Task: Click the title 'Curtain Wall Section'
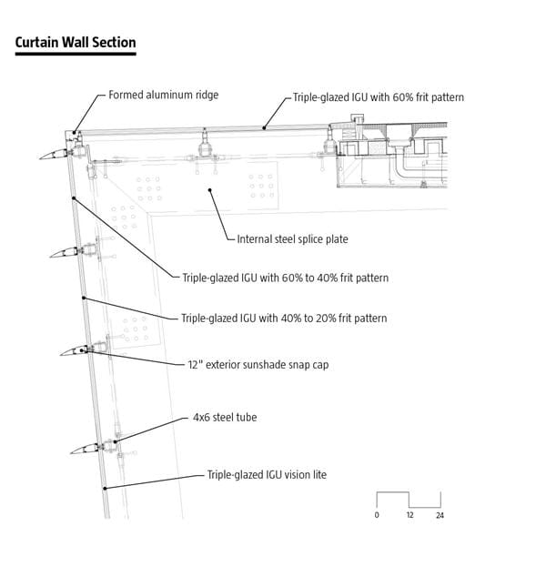click(76, 42)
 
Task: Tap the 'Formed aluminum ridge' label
click(164, 95)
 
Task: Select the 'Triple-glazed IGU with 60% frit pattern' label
click(379, 97)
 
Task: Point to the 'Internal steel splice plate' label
click(292, 238)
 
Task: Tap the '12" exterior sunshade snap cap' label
click(258, 365)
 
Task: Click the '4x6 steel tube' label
click(225, 417)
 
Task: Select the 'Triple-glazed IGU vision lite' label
click(267, 475)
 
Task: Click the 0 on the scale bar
click(377, 515)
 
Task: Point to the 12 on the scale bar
click(409, 515)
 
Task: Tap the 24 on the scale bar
click(440, 515)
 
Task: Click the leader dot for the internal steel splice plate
click(210, 190)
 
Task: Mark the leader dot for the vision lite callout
click(106, 488)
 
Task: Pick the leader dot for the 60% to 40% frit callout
click(74, 198)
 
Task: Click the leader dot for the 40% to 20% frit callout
click(84, 298)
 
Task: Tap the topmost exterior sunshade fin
click(54, 155)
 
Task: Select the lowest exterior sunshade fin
click(85, 449)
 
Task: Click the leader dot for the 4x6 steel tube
click(116, 441)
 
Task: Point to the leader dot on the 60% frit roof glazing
click(264, 128)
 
